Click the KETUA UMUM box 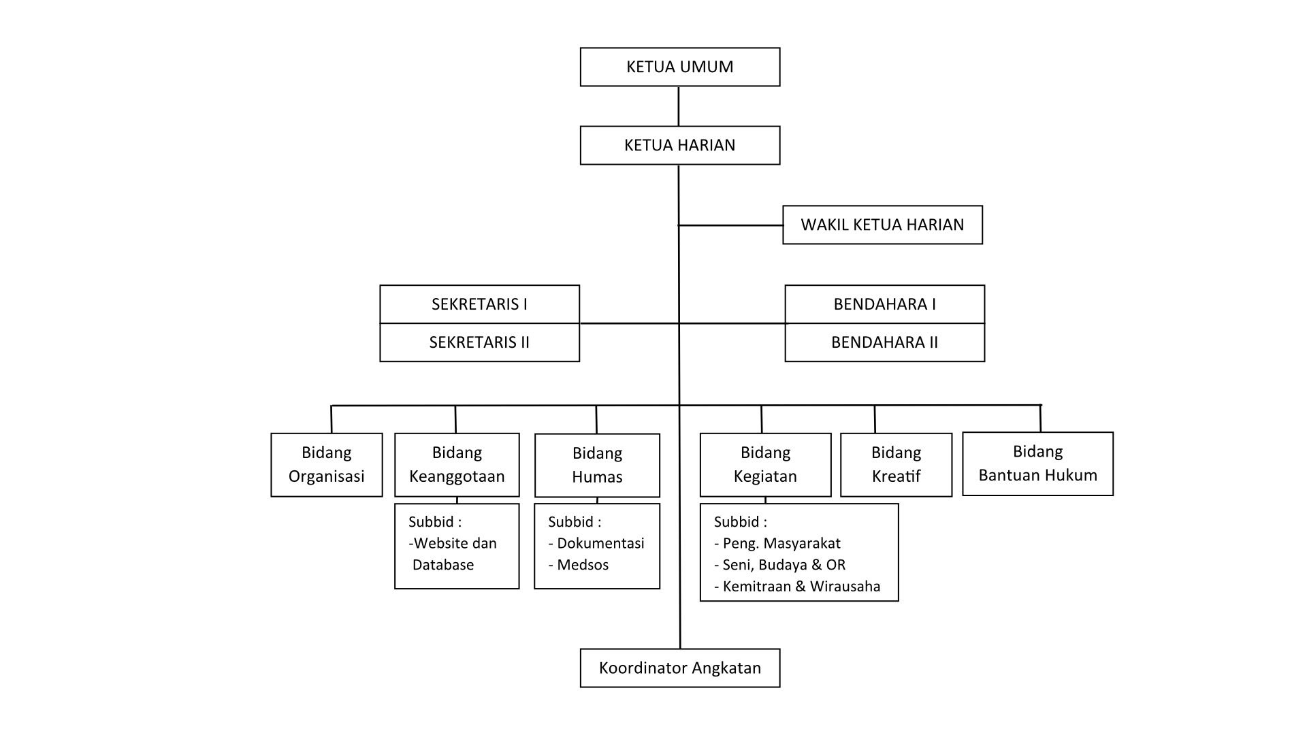coord(679,67)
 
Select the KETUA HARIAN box coord(679,145)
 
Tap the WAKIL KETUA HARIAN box coord(882,225)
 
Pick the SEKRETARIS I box coord(479,304)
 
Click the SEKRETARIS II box coord(479,342)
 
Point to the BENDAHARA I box coord(884,304)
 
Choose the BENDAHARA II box coord(884,342)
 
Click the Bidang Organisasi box coord(326,465)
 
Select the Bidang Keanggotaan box coord(457,465)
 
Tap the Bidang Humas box coord(597,465)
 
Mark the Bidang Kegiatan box coord(765,465)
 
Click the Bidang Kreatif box coord(896,465)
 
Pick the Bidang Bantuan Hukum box coord(1037,463)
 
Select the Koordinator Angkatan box coord(679,668)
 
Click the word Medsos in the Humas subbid coord(583,565)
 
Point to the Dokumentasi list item coord(600,543)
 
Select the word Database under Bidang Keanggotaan coord(443,565)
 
